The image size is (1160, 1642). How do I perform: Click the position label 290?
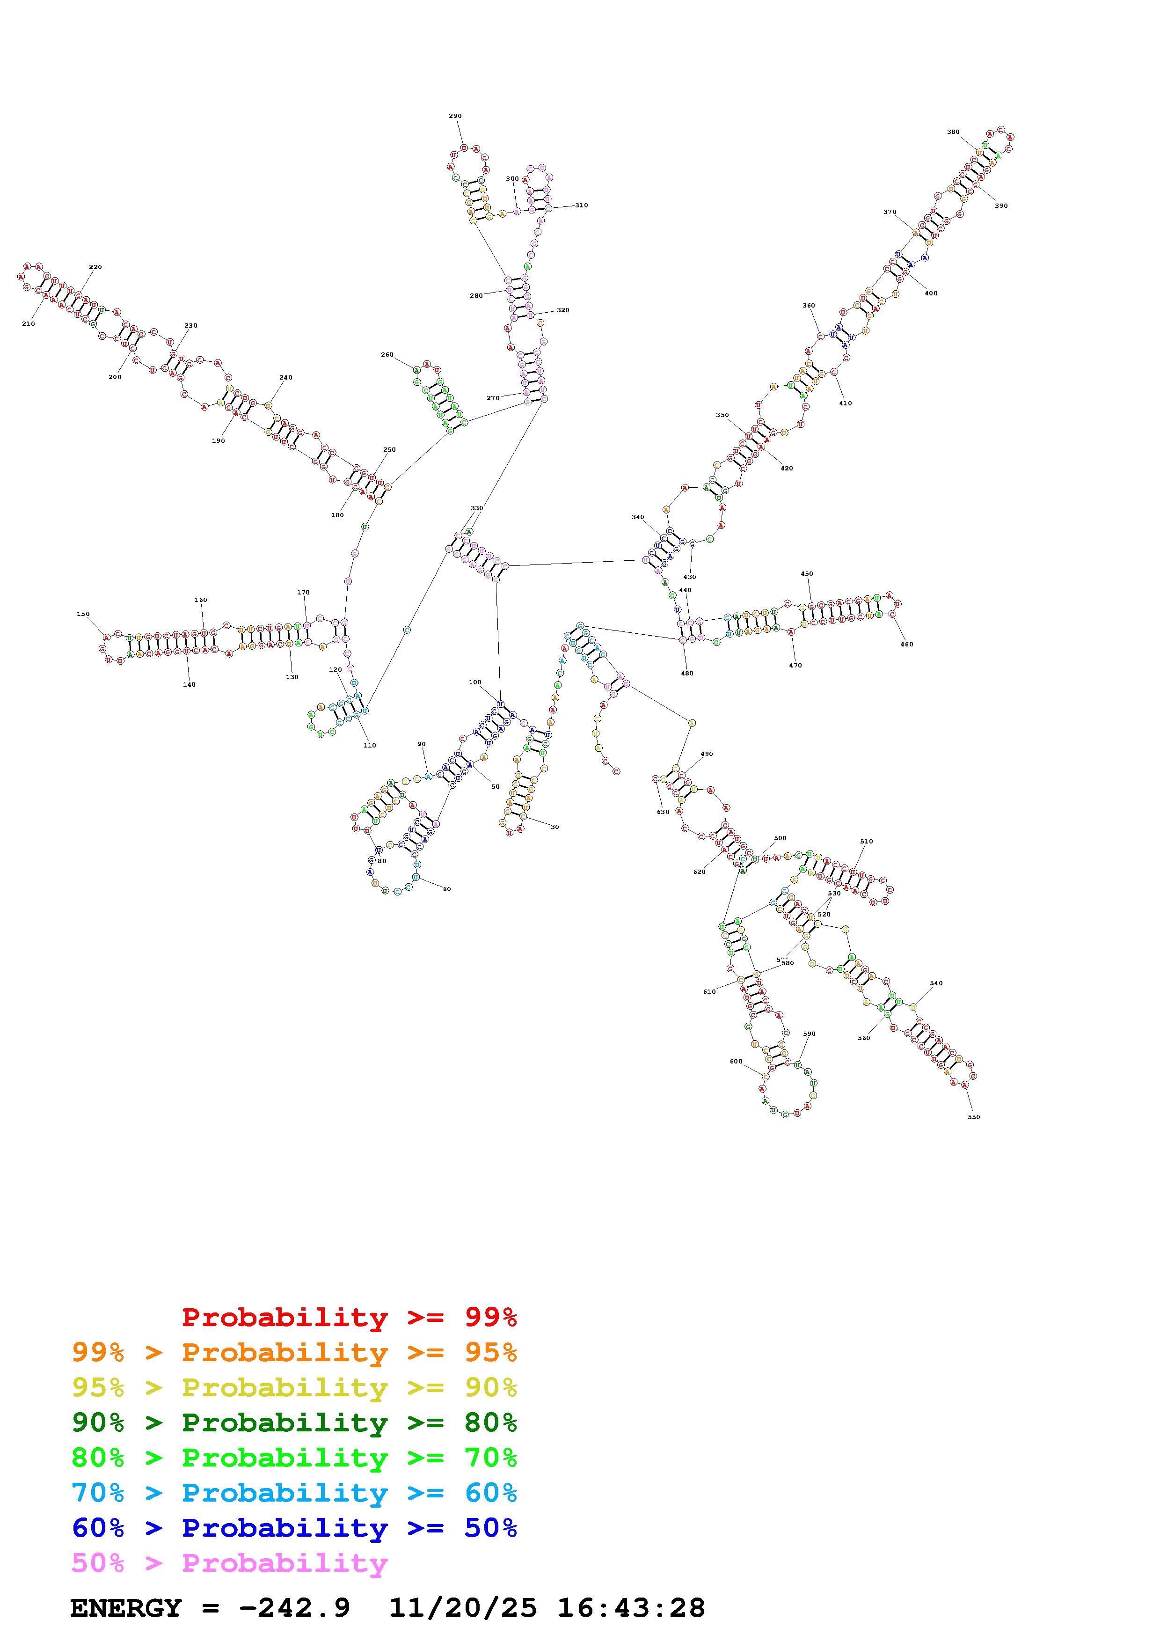[x=455, y=116]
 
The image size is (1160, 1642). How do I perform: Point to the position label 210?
[x=29, y=324]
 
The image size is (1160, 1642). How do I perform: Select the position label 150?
[x=84, y=614]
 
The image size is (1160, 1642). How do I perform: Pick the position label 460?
[x=906, y=645]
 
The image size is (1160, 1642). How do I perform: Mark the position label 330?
[x=477, y=508]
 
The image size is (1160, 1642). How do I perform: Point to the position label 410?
[x=846, y=403]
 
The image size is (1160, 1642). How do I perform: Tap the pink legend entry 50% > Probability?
[x=229, y=1563]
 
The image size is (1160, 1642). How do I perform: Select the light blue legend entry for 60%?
[x=294, y=1493]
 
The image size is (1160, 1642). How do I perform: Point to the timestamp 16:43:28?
[x=631, y=1608]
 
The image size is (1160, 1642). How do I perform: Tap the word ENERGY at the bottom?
[x=126, y=1608]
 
